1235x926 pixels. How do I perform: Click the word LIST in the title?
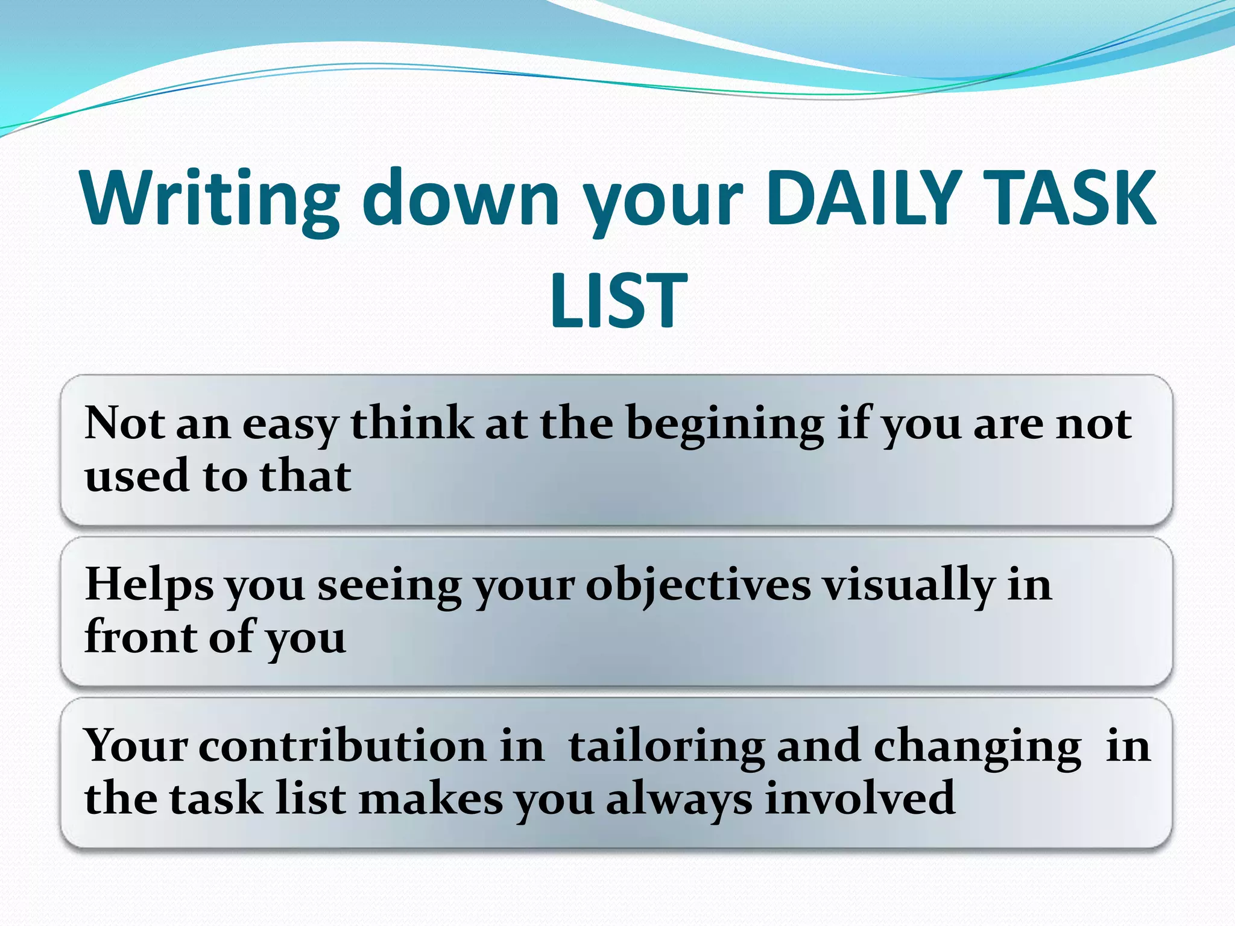(619, 300)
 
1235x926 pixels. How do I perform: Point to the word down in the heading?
(461, 199)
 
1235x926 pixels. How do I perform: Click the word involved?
(860, 798)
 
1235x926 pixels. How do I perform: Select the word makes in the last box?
(431, 798)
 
